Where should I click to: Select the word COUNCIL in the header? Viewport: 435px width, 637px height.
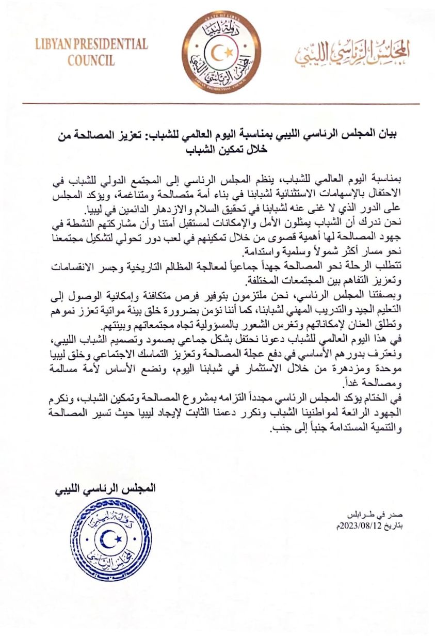tap(91, 61)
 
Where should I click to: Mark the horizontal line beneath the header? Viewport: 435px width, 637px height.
tap(217, 104)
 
